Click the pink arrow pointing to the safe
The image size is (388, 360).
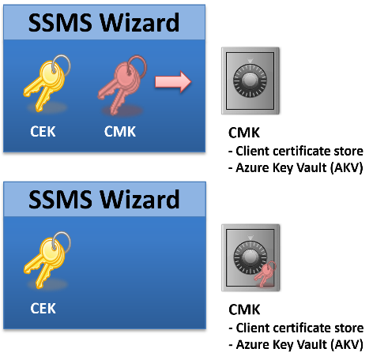coord(173,81)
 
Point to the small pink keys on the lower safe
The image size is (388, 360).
coord(265,274)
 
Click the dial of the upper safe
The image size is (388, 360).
coord(250,81)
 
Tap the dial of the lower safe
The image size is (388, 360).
coord(249,257)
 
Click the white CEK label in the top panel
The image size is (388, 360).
coord(43,132)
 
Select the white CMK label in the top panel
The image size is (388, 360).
coord(120,132)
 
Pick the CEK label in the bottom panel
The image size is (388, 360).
coord(43,309)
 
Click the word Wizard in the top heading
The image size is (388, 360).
coord(140,23)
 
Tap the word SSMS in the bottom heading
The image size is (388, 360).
coord(60,200)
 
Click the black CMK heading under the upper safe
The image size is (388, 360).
coord(244,133)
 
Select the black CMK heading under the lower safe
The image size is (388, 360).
coord(244,309)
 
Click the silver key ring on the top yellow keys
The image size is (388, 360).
coord(61,65)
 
